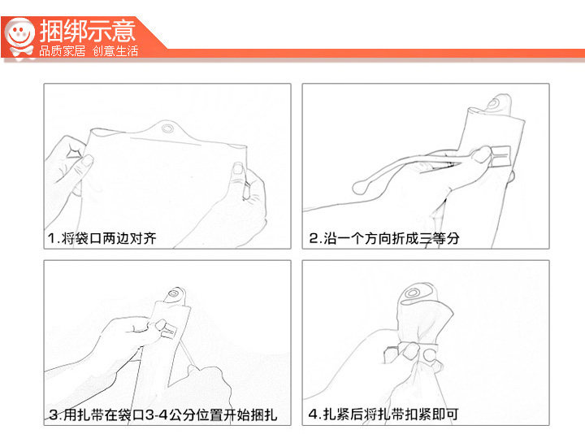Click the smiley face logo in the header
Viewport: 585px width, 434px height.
19,37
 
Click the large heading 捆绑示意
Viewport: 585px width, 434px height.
88,31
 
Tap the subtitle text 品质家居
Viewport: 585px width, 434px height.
63,50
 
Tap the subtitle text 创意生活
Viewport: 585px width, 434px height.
115,50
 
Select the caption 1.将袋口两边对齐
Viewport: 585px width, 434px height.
102,238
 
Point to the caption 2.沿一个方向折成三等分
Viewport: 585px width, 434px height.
383,238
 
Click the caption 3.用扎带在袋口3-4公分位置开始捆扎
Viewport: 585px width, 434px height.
163,414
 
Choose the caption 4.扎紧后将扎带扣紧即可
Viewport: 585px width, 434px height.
383,414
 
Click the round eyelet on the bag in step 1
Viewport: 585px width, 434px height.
167,128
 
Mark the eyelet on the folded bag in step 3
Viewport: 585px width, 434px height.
173,293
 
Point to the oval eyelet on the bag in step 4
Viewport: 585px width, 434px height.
412,293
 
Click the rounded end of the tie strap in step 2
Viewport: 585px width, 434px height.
359,187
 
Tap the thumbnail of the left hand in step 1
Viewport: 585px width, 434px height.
87,161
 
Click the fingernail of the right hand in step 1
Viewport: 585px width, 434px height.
238,167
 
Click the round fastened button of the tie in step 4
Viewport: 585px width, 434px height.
430,354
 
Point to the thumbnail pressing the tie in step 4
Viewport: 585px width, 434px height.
412,351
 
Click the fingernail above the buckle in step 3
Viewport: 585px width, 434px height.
161,324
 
